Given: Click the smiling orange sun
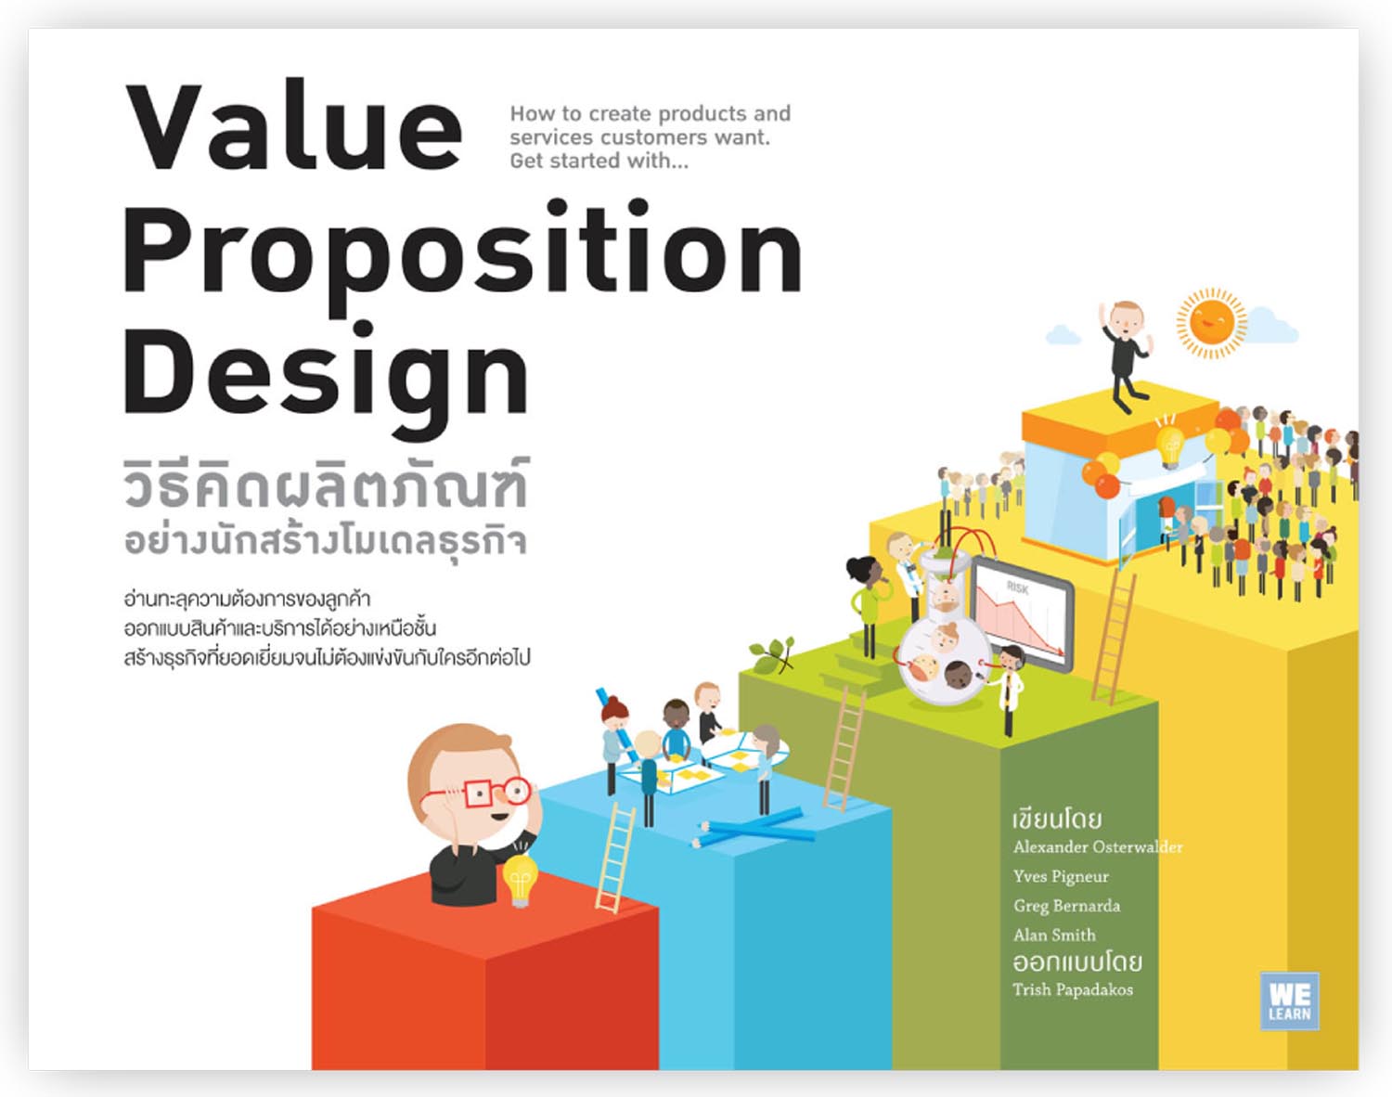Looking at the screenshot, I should [x=1211, y=322].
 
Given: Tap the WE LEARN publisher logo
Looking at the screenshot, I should [x=1289, y=1000].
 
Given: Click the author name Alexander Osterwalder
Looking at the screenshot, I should [x=1097, y=846].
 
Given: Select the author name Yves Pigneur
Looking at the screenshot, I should [x=1061, y=876].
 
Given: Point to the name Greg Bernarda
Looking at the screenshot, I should [x=1066, y=906].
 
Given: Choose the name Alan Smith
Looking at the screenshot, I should [x=1054, y=935].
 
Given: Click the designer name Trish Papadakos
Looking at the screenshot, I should [x=1073, y=989].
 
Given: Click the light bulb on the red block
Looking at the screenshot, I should [x=520, y=878].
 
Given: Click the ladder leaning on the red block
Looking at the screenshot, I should [x=616, y=858].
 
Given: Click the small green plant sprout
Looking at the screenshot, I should [x=773, y=653].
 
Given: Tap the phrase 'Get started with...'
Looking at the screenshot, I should [x=599, y=161].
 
